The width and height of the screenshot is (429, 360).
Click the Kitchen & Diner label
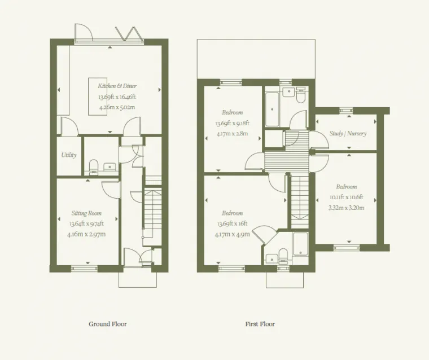117,86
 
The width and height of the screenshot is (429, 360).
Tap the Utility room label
69,155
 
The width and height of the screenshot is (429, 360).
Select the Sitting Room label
86,213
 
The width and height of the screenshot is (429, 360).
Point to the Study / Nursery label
348,134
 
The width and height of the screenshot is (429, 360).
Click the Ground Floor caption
108,324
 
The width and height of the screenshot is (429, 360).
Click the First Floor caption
260,324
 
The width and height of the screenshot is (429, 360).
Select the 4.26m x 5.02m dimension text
117,107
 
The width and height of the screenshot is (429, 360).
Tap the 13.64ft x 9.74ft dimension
86,224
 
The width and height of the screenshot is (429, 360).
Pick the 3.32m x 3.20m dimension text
347,208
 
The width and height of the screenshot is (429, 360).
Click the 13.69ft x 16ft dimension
233,224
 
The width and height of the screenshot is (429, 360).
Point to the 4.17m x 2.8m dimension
233,134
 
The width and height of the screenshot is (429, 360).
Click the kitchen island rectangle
98,96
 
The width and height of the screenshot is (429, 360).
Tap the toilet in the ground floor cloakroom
94,166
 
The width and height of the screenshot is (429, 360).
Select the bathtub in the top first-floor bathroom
272,109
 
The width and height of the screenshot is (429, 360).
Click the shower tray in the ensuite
300,244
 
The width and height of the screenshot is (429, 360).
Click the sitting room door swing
111,189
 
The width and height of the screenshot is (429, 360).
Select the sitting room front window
84,269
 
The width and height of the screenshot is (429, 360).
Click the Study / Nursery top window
346,111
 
